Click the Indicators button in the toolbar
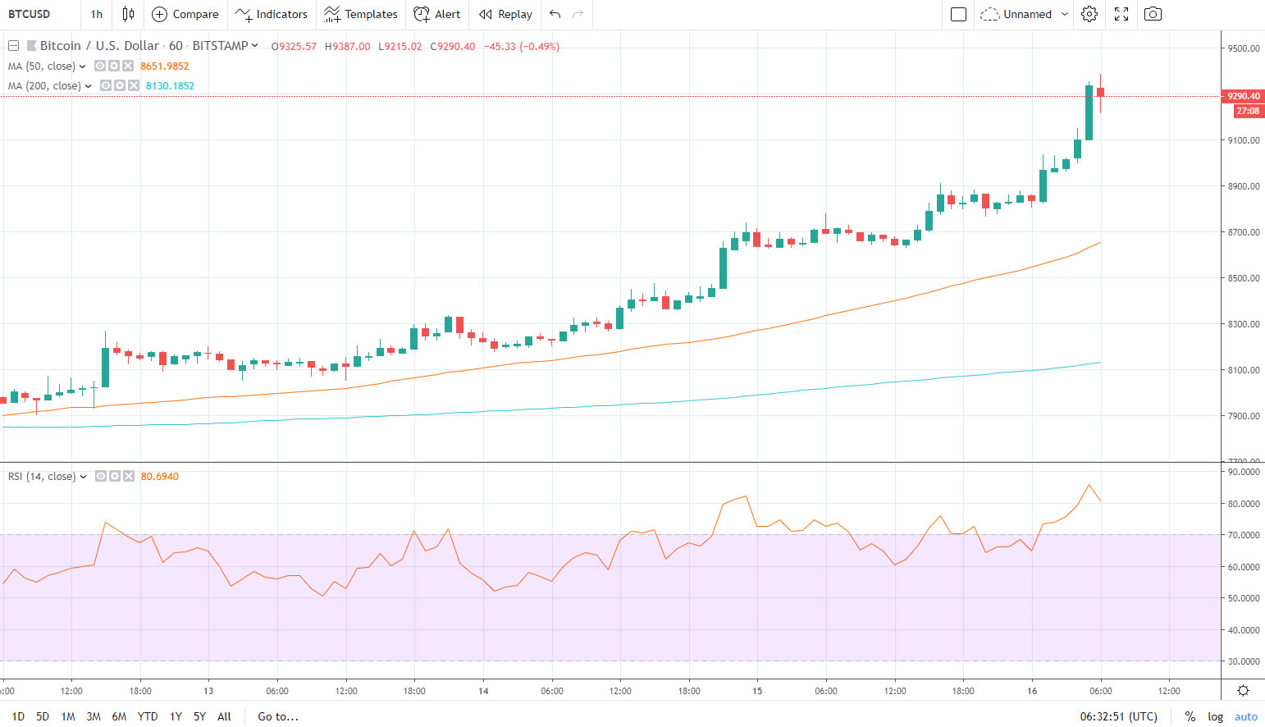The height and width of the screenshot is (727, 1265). tap(272, 14)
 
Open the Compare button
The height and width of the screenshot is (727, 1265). tap(185, 14)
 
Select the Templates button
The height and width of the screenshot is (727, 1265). tap(361, 14)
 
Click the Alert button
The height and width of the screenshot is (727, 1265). tap(437, 14)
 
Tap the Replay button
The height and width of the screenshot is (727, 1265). tap(505, 14)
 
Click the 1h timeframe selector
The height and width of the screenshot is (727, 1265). tap(97, 14)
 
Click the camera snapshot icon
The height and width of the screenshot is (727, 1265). tap(1153, 14)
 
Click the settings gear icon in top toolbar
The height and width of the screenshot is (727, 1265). tap(1089, 14)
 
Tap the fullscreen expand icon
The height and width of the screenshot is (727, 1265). tap(1121, 14)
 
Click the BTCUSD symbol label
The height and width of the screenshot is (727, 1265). tap(30, 14)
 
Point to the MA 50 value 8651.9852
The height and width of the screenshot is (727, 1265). tap(165, 66)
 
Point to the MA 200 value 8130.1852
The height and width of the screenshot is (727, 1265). tap(170, 86)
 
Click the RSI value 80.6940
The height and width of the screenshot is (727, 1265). tap(159, 477)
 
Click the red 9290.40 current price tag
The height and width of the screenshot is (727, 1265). tap(1243, 96)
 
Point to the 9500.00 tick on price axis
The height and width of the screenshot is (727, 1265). tap(1243, 48)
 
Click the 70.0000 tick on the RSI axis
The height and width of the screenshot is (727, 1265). tap(1243, 535)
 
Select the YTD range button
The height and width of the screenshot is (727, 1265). tap(148, 716)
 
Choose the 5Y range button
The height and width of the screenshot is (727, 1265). tap(199, 716)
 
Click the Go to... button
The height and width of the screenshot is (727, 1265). tap(278, 716)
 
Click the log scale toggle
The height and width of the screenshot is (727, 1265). tap(1215, 716)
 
